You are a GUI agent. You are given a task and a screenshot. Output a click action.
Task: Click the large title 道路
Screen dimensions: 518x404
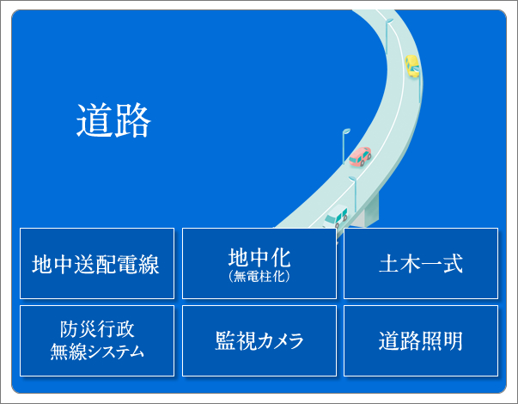pyautogui.click(x=113, y=120)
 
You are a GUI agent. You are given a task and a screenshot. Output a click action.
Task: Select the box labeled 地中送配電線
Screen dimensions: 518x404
pyautogui.click(x=97, y=264)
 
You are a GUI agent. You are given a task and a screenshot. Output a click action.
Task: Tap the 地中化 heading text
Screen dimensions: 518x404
pyautogui.click(x=259, y=258)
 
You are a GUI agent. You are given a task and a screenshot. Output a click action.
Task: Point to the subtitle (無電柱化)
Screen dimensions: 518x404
pyautogui.click(x=259, y=277)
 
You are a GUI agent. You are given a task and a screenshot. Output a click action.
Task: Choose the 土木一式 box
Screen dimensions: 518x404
pyautogui.click(x=421, y=264)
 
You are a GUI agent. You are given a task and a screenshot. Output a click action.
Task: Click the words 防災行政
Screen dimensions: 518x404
pyautogui.click(x=97, y=329)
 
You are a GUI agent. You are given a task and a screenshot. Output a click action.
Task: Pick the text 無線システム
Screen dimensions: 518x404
pyautogui.click(x=97, y=351)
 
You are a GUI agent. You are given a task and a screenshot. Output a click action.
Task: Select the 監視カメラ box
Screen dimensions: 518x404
pyautogui.click(x=259, y=341)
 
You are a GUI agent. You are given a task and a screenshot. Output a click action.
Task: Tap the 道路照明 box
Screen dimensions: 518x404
pyautogui.click(x=421, y=341)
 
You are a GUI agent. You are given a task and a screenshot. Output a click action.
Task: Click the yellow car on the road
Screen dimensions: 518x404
pyautogui.click(x=412, y=66)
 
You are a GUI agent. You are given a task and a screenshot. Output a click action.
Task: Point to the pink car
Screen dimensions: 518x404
pyautogui.click(x=360, y=156)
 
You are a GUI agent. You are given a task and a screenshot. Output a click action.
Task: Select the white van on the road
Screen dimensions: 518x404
pyautogui.click(x=336, y=217)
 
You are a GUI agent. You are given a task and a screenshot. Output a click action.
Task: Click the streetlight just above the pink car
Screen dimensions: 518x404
pyautogui.click(x=344, y=145)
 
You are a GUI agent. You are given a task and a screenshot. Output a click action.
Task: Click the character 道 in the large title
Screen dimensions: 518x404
pyautogui.click(x=94, y=120)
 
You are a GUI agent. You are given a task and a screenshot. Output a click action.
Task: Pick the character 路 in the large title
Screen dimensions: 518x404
pyautogui.click(x=132, y=120)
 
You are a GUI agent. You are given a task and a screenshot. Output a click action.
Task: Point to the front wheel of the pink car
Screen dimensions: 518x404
pyautogui.click(x=363, y=162)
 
